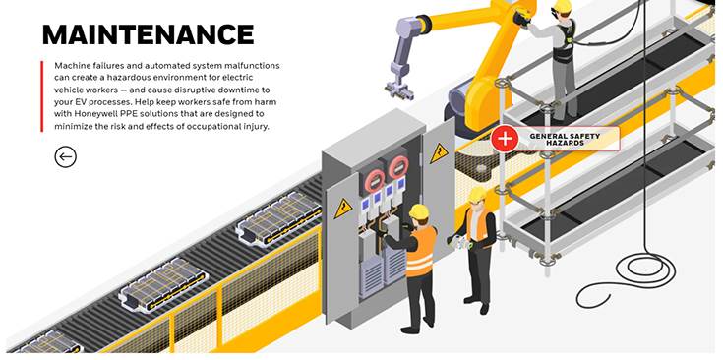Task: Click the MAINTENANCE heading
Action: pyautogui.click(x=148, y=34)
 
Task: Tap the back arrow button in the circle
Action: pyautogui.click(x=66, y=156)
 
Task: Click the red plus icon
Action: pyautogui.click(x=505, y=139)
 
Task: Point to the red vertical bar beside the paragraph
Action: pyautogui.click(x=41, y=95)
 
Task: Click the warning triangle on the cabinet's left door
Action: pyautogui.click(x=343, y=209)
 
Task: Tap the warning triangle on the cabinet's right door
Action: pyautogui.click(x=439, y=153)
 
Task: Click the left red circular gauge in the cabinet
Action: pyautogui.click(x=375, y=180)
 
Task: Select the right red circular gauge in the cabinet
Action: pyautogui.click(x=398, y=166)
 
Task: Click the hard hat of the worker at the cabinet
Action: pyautogui.click(x=419, y=211)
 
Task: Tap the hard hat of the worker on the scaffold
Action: pyautogui.click(x=562, y=6)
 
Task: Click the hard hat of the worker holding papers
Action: pyautogui.click(x=477, y=193)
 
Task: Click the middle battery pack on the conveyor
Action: pyautogui.click(x=162, y=283)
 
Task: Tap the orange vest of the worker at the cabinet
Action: pyautogui.click(x=421, y=252)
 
